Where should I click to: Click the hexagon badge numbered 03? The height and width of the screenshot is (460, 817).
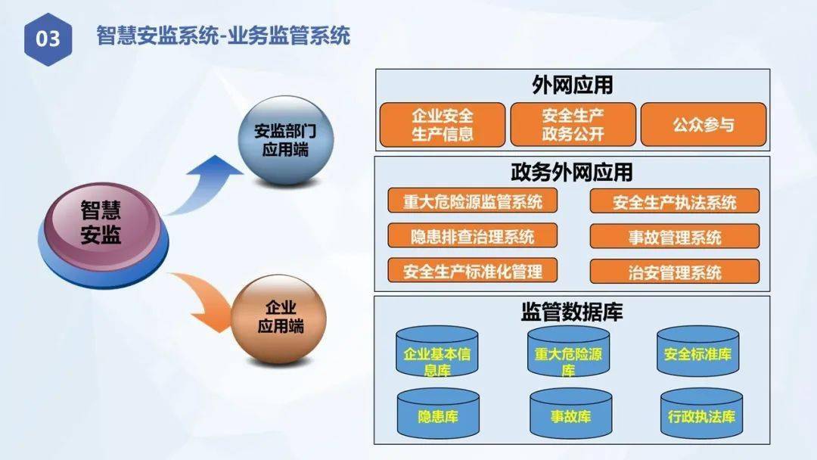pyautogui.click(x=48, y=39)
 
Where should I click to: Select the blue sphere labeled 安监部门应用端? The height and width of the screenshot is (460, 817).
pyautogui.click(x=285, y=141)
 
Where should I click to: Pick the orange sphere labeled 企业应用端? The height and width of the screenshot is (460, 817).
pyautogui.click(x=279, y=319)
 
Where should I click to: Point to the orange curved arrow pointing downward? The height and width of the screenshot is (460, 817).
pyautogui.click(x=203, y=300)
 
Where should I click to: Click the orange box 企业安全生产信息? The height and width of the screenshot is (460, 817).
pyautogui.click(x=443, y=125)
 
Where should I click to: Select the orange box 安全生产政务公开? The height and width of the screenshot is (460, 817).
pyautogui.click(x=573, y=125)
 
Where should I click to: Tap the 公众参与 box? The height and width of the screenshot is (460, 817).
pyautogui.click(x=704, y=125)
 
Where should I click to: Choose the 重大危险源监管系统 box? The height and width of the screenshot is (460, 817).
pyautogui.click(x=473, y=201)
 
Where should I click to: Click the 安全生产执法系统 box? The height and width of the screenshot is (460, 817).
pyautogui.click(x=674, y=201)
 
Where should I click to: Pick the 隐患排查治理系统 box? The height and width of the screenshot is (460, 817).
pyautogui.click(x=473, y=236)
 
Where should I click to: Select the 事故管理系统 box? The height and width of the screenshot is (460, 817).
pyautogui.click(x=674, y=237)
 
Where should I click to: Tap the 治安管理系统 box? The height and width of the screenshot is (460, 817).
pyautogui.click(x=674, y=272)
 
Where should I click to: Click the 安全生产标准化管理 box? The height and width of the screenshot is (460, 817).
pyautogui.click(x=473, y=271)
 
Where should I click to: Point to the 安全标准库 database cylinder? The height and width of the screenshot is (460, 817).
pyautogui.click(x=697, y=352)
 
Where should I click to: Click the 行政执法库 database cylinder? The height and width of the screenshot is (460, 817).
pyautogui.click(x=701, y=414)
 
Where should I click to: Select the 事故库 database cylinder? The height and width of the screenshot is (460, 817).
pyautogui.click(x=570, y=414)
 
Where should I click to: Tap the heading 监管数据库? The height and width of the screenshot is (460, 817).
pyautogui.click(x=572, y=312)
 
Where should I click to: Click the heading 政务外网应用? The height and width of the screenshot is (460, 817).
pyautogui.click(x=572, y=172)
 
